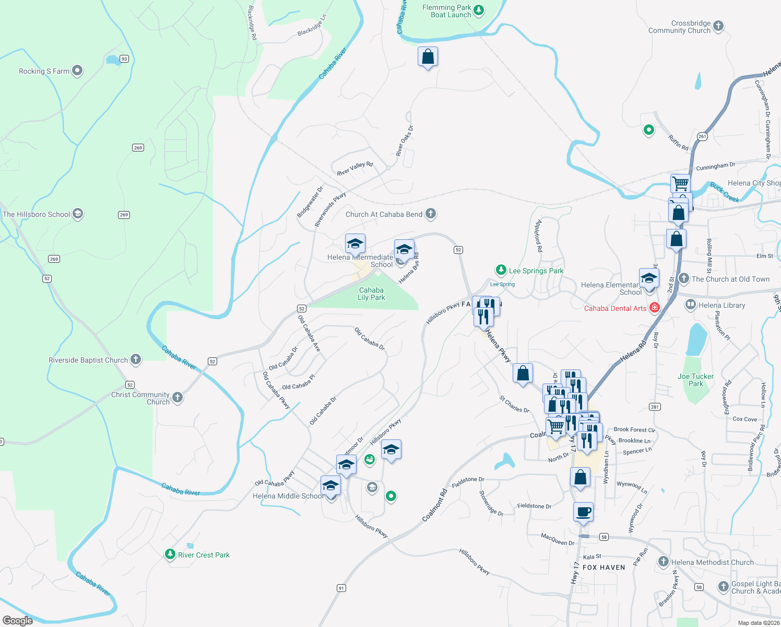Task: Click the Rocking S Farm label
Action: coord(44,71)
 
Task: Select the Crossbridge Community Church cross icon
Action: coord(718,26)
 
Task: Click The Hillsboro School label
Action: coord(36,214)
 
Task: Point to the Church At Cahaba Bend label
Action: coord(384,214)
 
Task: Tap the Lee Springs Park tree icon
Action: coord(501,270)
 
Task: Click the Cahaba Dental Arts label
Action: coord(615,308)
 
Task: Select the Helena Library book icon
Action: coord(691,304)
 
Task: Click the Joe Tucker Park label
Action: coord(695,380)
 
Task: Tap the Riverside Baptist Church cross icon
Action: coord(136,359)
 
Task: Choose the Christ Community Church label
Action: coord(140,398)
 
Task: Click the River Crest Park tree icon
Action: coord(170,554)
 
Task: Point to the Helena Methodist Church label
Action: coord(712,562)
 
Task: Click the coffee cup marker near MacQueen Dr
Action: coord(583,512)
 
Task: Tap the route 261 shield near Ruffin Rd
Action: coord(702,136)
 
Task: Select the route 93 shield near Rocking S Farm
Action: coord(124,59)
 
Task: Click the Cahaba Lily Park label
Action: coord(371,294)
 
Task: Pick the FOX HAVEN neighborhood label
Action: coord(603,567)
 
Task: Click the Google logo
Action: coord(18,620)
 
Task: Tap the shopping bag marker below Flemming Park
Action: coord(428,57)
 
